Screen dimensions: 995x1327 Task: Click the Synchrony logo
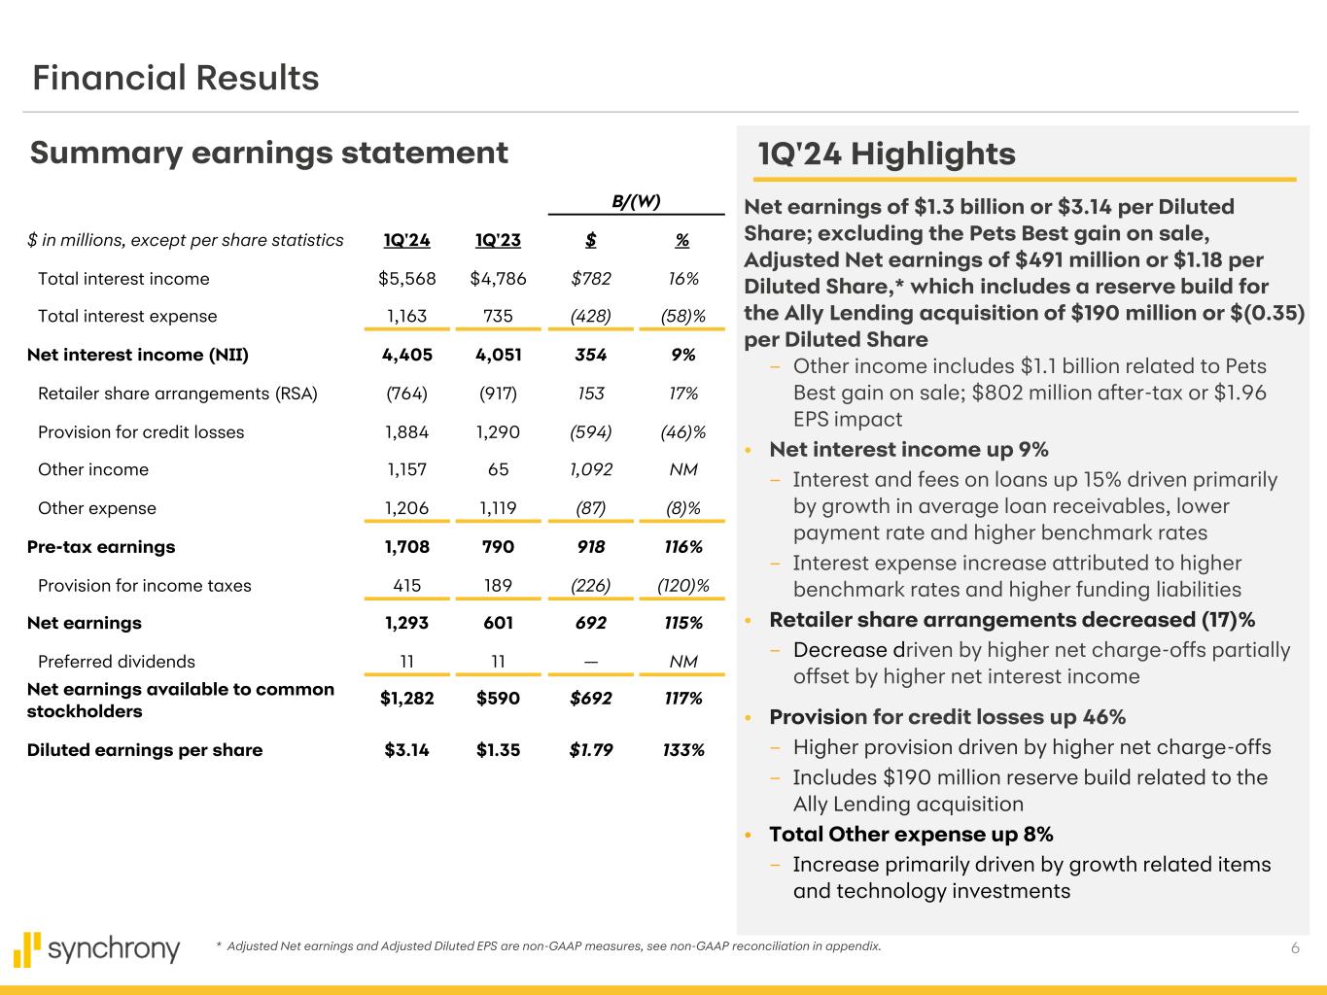[x=97, y=949]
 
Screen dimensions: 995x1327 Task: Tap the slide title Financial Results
[x=176, y=78]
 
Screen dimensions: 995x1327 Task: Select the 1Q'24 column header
[x=406, y=240]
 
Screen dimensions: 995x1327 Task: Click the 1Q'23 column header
[x=498, y=240]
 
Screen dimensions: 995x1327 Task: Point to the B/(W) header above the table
[x=636, y=202]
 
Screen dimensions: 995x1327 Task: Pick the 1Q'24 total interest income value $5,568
[x=406, y=279]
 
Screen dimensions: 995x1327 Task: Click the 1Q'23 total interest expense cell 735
[x=498, y=316]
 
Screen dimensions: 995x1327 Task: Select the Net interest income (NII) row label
[x=138, y=355]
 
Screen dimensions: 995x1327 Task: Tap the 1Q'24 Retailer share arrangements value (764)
[x=406, y=394]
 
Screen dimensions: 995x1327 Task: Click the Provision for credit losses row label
[x=141, y=432]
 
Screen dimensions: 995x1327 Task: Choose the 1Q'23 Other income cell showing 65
[x=498, y=469]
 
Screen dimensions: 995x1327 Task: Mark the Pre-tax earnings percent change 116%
[x=683, y=547]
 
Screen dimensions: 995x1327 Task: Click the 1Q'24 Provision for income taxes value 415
[x=406, y=586]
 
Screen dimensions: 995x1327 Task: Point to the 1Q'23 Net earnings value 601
[x=498, y=623]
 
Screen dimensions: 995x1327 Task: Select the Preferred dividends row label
[x=117, y=662]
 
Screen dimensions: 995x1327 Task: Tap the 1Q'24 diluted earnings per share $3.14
[x=406, y=750]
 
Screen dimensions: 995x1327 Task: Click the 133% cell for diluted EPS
[x=683, y=750]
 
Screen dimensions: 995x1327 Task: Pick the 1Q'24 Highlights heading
[x=887, y=154]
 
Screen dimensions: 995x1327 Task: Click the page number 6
[x=1295, y=948]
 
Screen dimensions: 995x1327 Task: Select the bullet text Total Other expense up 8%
[x=911, y=835]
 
